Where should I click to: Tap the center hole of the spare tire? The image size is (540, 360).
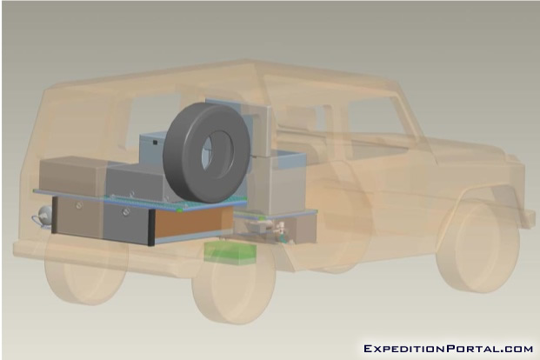[x=217, y=152]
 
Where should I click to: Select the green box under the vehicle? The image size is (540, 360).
[x=230, y=254]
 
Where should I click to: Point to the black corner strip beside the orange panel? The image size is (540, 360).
[x=150, y=228]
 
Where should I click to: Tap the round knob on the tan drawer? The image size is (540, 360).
[x=79, y=206]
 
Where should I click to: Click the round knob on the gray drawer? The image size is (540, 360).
[x=126, y=212]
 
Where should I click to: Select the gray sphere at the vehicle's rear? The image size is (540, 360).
[x=44, y=214]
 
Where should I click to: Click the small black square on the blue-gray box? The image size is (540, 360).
[x=155, y=143]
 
